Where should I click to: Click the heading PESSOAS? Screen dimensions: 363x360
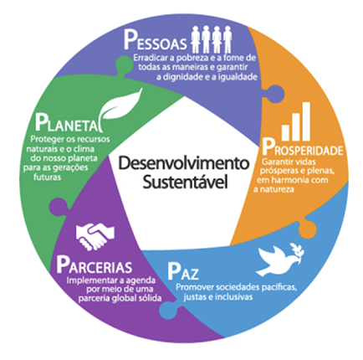tap(155, 41)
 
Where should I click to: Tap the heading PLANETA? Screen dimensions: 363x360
tap(66, 123)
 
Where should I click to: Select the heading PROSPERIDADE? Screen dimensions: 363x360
tap(303, 147)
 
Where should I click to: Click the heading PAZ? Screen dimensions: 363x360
tap(183, 271)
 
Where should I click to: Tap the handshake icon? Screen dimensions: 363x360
tap(95, 235)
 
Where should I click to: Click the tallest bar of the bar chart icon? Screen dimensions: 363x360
tap(306, 121)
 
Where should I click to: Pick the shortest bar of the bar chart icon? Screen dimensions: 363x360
tap(285, 133)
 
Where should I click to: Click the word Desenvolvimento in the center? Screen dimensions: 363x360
tap(184, 163)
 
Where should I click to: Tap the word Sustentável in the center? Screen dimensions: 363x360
tap(185, 182)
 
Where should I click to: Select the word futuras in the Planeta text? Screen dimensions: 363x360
tap(47, 177)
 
